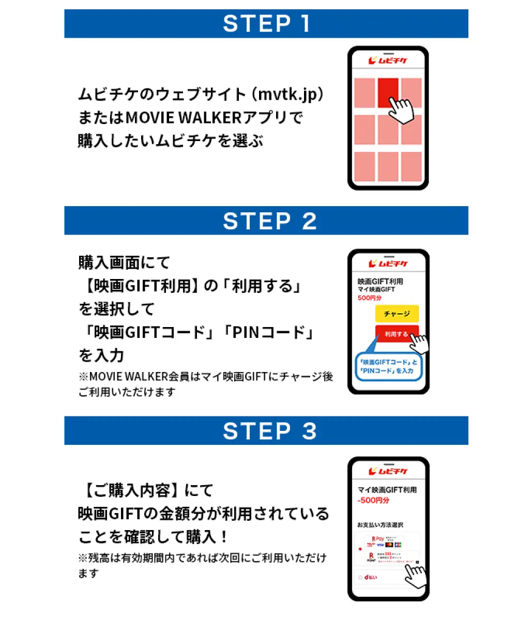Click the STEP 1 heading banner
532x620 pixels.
(x=266, y=24)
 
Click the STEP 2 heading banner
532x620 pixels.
(x=266, y=221)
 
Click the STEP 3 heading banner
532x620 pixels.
(x=266, y=431)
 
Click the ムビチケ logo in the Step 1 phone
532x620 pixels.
(x=388, y=61)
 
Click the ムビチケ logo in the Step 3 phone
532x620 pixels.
(x=388, y=471)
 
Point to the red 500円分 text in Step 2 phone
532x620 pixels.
(x=370, y=298)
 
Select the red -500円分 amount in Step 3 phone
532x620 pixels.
(x=373, y=501)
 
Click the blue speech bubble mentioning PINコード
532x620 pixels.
(x=388, y=366)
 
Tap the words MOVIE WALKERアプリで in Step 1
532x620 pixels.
(x=214, y=118)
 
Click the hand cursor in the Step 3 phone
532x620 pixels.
(x=416, y=574)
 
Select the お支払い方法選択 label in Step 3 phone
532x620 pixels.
(x=380, y=525)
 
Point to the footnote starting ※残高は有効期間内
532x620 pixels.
(x=202, y=559)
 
